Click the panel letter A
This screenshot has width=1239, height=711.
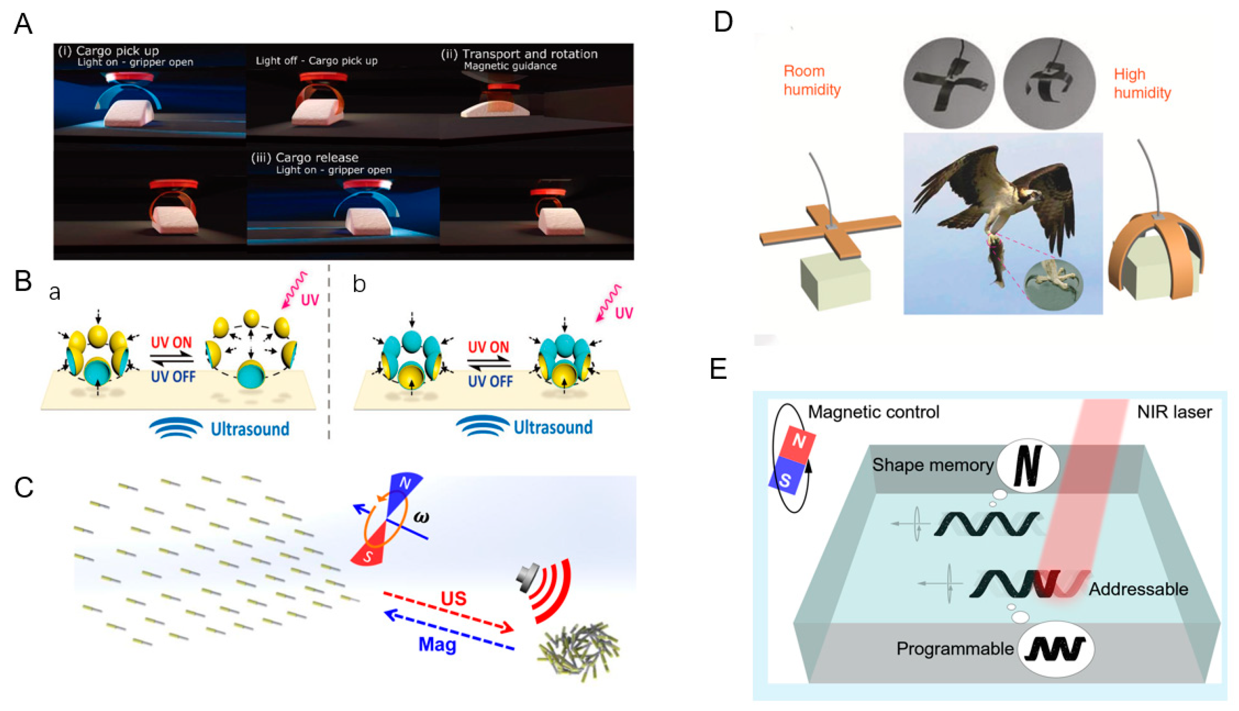pyautogui.click(x=23, y=24)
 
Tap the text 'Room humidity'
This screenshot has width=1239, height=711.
pyautogui.click(x=812, y=81)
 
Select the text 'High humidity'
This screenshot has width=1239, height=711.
pyautogui.click(x=1142, y=84)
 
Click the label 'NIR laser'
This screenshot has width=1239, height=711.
pyautogui.click(x=1174, y=413)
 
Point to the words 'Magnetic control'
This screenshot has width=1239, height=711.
pyautogui.click(x=873, y=412)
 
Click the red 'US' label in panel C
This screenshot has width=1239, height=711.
pyautogui.click(x=454, y=598)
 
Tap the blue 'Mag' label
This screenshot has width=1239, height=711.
pyautogui.click(x=438, y=644)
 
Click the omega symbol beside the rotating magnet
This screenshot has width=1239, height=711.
pyautogui.click(x=421, y=517)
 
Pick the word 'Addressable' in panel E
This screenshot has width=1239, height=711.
pyautogui.click(x=1138, y=589)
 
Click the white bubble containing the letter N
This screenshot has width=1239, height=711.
pyautogui.click(x=1027, y=465)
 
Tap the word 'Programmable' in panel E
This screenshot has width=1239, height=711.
pyautogui.click(x=955, y=648)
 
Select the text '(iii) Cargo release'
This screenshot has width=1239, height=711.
pyautogui.click(x=305, y=158)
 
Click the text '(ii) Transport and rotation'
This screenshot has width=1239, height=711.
pyautogui.click(x=519, y=54)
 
